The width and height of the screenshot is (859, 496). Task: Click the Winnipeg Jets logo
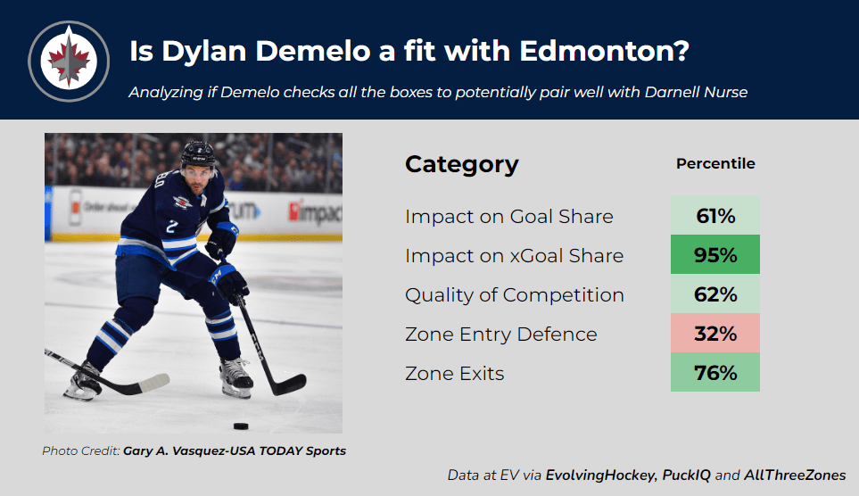click(69, 62)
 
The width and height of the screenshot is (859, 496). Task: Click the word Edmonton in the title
click(604, 51)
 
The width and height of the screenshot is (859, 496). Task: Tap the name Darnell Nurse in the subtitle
click(696, 92)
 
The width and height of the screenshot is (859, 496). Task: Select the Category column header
click(461, 164)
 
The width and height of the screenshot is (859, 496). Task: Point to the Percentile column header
click(715, 163)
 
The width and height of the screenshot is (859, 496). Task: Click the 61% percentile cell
click(714, 215)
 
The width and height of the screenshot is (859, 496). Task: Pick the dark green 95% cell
click(714, 254)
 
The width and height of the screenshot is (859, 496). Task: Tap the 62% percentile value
click(714, 294)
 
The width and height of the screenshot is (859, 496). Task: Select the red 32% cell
click(714, 334)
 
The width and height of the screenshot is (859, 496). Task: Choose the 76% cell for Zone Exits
click(714, 372)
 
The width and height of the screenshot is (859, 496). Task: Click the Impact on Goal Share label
click(509, 217)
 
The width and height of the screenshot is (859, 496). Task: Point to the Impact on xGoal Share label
click(514, 256)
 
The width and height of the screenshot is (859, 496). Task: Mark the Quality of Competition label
click(515, 295)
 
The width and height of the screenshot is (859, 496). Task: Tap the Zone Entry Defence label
click(500, 335)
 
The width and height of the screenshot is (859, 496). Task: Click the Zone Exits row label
click(454, 374)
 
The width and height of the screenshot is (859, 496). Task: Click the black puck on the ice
click(241, 426)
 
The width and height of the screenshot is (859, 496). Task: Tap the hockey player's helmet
click(198, 153)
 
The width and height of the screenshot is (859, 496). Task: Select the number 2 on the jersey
click(171, 226)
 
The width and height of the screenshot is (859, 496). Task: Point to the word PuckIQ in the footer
click(686, 475)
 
